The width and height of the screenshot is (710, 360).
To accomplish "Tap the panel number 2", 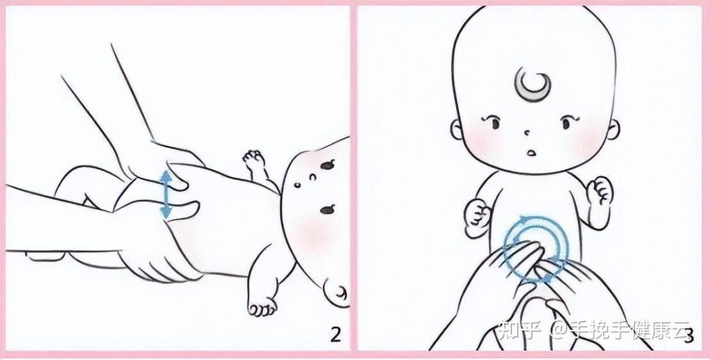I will (334, 334).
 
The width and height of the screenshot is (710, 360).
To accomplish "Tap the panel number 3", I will (688, 334).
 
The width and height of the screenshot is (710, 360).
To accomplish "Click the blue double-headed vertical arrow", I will (165, 194).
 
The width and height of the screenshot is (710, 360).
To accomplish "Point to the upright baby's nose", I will (527, 133).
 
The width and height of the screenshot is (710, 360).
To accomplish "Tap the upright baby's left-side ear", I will (457, 131).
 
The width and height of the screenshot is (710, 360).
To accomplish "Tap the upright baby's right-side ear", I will (613, 131).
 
